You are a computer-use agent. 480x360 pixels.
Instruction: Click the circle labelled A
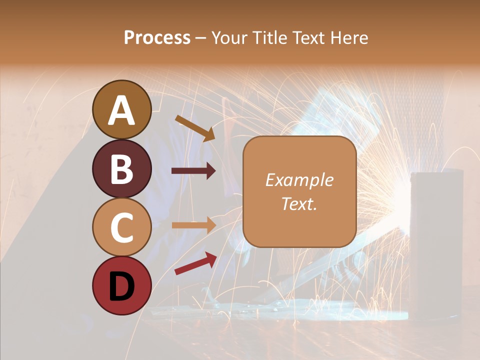coord(122,110)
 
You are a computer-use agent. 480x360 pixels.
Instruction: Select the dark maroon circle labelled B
coord(122,169)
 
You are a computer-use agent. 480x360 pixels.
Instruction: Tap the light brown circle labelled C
coord(122,227)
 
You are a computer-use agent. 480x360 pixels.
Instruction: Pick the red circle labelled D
coord(122,286)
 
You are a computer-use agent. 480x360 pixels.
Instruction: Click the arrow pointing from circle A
coord(195,128)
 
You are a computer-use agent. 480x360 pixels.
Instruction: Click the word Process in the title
coord(157,37)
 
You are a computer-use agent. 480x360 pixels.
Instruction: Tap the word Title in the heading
coord(266,37)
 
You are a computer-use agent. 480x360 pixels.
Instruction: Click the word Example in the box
coord(299,180)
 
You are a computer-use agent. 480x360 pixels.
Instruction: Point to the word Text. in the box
coord(299,203)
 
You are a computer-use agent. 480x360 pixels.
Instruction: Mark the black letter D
coord(122,286)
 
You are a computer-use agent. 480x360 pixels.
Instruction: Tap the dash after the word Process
coord(201,38)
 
